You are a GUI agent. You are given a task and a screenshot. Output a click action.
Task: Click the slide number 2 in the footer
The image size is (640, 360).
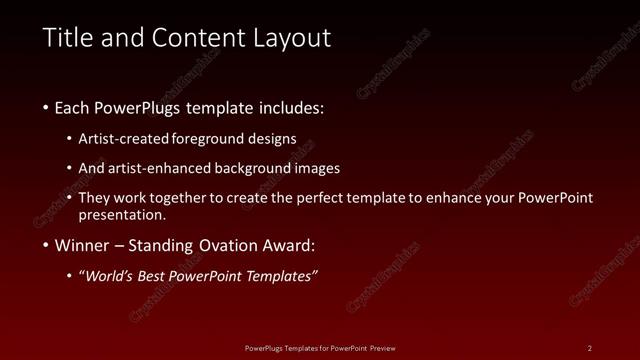coord(590,347)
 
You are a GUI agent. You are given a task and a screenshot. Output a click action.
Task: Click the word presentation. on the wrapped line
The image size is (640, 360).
coord(123,214)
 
